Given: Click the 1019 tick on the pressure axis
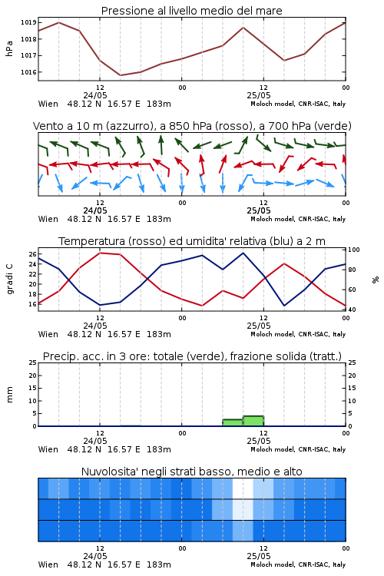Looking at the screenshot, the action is point(28,22).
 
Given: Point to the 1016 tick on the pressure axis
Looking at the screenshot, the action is point(28,72).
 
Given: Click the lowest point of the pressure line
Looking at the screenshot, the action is point(120,75).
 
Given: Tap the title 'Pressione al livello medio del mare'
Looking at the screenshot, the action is point(191,11).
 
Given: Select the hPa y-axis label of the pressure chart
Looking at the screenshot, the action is point(9,48).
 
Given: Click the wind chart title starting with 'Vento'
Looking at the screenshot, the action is point(192,126).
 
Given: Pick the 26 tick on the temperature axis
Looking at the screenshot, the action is point(33,254).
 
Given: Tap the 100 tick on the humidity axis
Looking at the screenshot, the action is point(354,250).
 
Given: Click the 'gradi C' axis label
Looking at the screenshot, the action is point(9,279).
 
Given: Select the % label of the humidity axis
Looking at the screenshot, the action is point(376,280).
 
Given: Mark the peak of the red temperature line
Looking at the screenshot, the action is point(100,253).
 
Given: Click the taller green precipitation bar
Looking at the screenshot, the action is point(253,421).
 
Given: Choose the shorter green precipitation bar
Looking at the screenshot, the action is point(233,423).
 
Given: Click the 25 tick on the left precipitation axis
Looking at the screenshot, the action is point(33,362).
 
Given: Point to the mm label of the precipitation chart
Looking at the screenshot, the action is point(9,395).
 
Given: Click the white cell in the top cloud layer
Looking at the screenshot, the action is point(243,488).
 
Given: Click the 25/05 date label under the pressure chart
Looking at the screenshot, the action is point(259,95).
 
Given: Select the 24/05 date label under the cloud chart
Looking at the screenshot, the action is point(95,556).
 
